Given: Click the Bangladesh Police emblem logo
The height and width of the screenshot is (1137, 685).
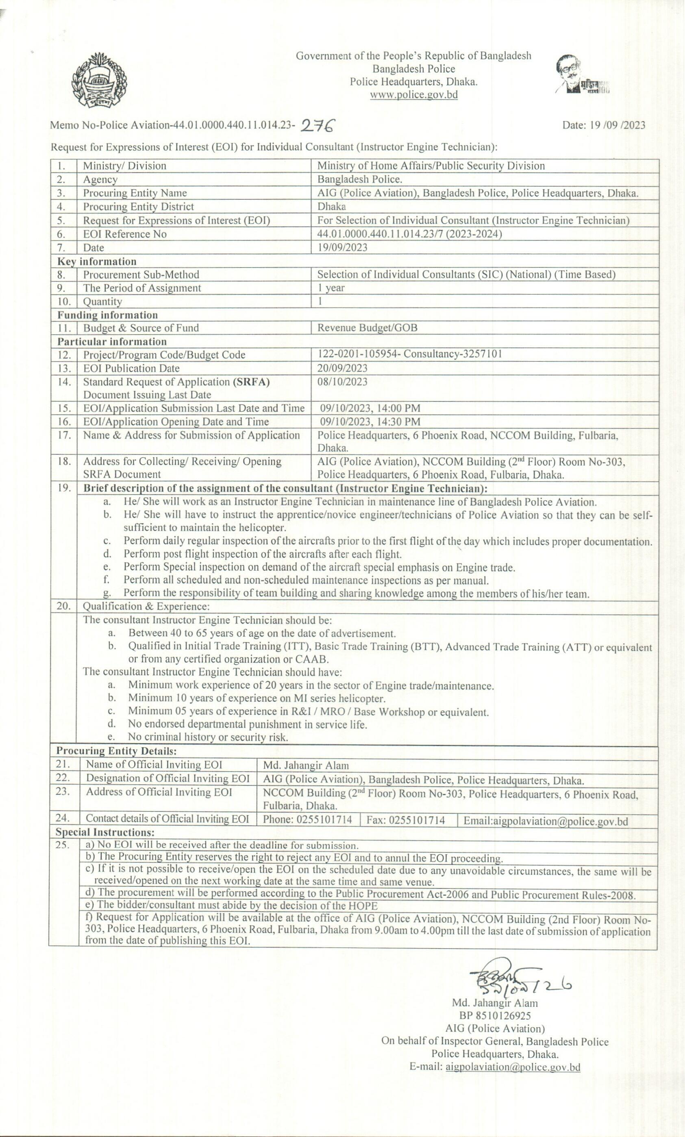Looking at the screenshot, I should [99, 81].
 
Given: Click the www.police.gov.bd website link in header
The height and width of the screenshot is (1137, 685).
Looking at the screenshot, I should [414, 95].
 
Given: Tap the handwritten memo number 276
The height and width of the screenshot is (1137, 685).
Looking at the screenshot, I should [318, 124].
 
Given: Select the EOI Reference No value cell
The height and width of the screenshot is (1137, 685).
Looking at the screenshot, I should [409, 234].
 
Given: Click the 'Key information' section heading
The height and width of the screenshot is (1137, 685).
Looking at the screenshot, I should [97, 261].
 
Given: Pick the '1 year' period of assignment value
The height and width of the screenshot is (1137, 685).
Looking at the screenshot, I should [331, 288].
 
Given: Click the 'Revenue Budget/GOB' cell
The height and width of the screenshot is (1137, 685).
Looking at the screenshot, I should [367, 328].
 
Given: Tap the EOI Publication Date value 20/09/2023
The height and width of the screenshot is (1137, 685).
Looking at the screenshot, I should [342, 368].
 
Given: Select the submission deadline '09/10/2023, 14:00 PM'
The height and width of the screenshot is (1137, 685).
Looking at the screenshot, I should [370, 408].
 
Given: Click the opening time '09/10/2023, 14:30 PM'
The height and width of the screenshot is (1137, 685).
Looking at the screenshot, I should [370, 422].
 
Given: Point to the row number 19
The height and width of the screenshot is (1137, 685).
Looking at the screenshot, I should [64, 488].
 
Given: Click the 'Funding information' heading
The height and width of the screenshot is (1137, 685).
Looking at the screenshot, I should [107, 315].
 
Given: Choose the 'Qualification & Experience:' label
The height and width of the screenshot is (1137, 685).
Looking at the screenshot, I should [146, 607].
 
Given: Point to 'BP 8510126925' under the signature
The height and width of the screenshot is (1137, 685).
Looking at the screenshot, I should [494, 1016].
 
